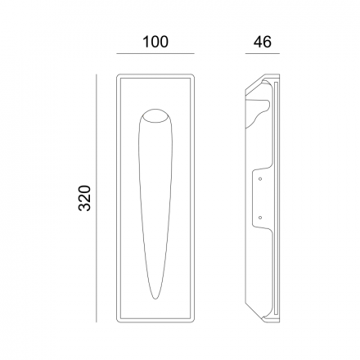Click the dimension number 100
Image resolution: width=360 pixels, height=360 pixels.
[155, 42]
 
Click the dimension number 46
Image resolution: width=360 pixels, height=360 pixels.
[263, 42]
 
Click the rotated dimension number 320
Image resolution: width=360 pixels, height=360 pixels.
[84, 198]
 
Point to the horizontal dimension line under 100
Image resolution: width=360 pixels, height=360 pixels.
[155, 53]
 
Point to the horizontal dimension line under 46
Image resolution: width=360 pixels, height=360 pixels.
[263, 53]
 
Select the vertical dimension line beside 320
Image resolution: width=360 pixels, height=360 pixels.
[97, 198]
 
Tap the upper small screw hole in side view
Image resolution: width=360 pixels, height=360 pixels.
[260, 178]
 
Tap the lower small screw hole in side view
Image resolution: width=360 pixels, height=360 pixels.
[260, 218]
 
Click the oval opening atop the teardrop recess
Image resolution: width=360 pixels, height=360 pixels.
[155, 116]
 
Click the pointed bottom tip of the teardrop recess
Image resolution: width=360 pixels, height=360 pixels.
[155, 299]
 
